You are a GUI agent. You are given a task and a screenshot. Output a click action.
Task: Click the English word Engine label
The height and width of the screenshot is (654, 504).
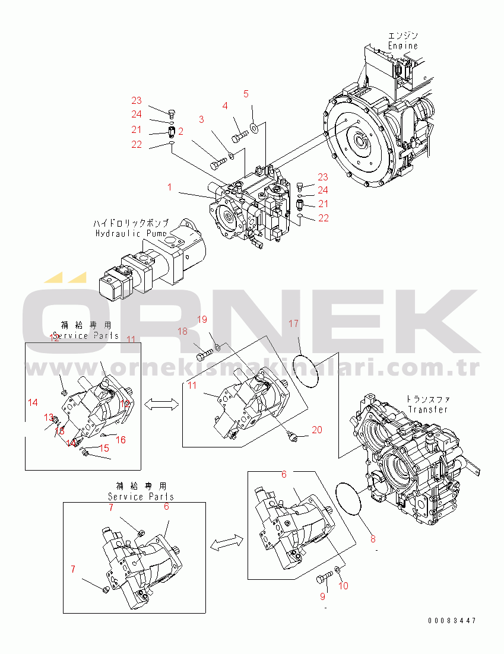[403, 46]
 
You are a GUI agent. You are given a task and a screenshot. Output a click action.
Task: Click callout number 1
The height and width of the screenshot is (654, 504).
[169, 188]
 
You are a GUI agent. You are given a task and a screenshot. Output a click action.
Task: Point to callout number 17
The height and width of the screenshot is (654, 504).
[293, 323]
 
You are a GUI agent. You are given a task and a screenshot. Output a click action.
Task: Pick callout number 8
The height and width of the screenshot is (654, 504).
[373, 539]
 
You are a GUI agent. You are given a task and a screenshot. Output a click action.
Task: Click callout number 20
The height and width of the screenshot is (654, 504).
[317, 430]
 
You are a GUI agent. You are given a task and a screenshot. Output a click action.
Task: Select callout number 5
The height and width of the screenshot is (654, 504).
[246, 94]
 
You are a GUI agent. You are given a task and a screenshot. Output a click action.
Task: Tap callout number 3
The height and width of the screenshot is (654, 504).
[201, 119]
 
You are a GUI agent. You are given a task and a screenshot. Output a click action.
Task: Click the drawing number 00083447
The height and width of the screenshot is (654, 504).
[452, 621]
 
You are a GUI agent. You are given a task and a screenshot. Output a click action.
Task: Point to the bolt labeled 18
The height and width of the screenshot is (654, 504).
[204, 356]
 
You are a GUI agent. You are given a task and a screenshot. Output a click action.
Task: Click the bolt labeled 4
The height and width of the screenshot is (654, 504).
[238, 138]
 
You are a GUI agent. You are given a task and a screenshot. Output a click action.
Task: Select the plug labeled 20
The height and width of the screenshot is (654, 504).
[292, 437]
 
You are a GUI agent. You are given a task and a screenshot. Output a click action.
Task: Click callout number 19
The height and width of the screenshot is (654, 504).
[202, 320]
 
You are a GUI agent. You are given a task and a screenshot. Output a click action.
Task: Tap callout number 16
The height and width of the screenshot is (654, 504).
[121, 440]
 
